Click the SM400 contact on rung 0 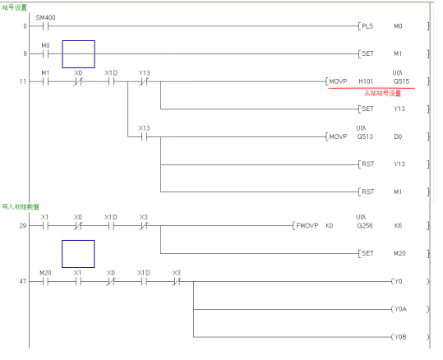[x=45, y=26]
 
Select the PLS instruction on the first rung [x=367, y=26]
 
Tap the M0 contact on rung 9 [x=45, y=54]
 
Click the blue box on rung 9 [x=79, y=41]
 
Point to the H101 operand [x=366, y=81]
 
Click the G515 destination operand [x=401, y=81]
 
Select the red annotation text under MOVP [x=382, y=93]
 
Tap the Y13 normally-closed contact [x=144, y=81]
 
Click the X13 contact [x=144, y=137]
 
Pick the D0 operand [x=398, y=136]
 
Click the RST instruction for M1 [x=368, y=192]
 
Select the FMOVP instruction [x=307, y=225]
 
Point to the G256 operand [x=365, y=225]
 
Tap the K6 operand [x=398, y=225]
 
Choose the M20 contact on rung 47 [x=45, y=282]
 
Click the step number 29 [x=23, y=226]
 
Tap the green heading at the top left [x=15, y=7]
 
